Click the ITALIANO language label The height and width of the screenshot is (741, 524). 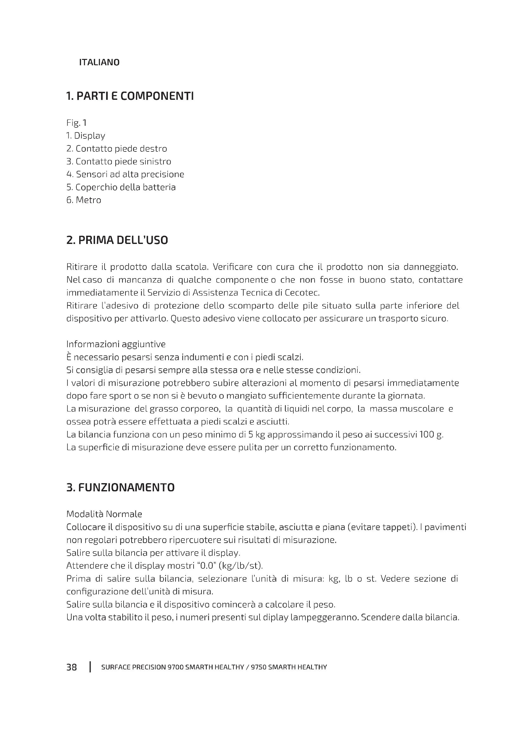tap(99, 62)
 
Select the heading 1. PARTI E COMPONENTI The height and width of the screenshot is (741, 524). tap(130, 96)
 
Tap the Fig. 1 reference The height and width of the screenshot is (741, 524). tap(76, 123)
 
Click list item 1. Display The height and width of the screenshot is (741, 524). tap(86, 136)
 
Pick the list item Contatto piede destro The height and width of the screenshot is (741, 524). tap(117, 149)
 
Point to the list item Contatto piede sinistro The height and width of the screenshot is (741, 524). tap(118, 161)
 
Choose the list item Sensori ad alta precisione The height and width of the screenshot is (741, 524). tap(125, 174)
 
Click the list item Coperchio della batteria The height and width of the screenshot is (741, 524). tap(121, 187)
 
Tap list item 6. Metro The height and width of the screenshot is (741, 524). tap(84, 200)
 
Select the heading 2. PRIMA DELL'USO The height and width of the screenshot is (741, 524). tap(117, 240)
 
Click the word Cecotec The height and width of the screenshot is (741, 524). tap(302, 293)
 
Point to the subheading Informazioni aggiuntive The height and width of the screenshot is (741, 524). tap(116, 344)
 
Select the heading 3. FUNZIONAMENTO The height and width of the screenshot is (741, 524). tap(120, 487)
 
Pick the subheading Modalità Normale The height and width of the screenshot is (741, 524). tap(104, 514)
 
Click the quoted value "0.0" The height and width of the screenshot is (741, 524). tap(206, 565)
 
